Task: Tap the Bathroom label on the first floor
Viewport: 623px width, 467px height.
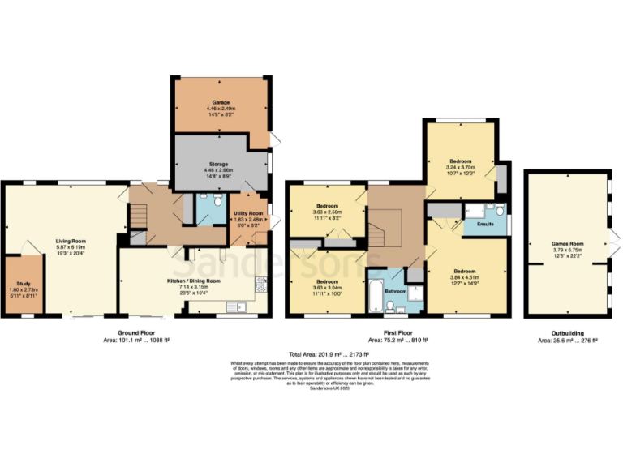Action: point(395,290)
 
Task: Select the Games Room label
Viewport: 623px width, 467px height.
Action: point(568,243)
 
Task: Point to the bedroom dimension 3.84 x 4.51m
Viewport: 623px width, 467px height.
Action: point(464,277)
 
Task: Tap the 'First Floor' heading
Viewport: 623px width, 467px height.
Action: point(397,334)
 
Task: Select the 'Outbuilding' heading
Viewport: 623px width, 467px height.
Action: point(567,334)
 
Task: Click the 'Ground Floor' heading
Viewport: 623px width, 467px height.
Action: point(135,334)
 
